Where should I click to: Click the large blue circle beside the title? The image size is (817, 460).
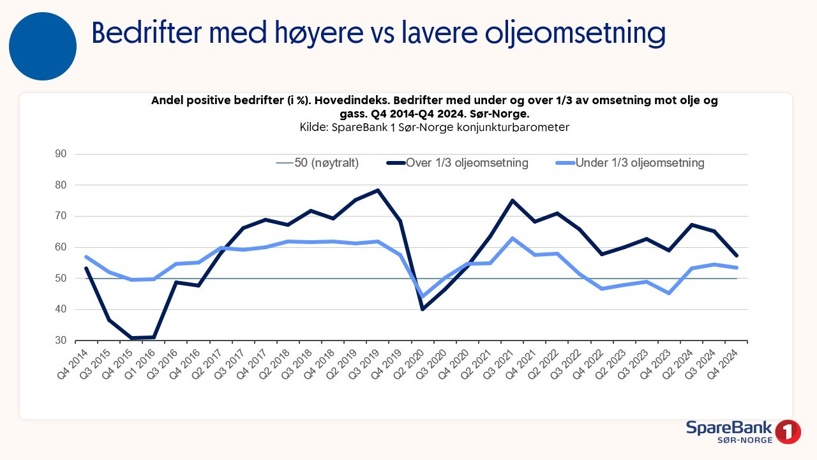pyautogui.click(x=43, y=47)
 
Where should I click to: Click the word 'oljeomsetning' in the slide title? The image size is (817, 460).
pyautogui.click(x=575, y=33)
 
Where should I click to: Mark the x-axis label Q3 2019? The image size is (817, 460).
pyautogui.click(x=366, y=360)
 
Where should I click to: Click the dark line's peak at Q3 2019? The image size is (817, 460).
pyautogui.click(x=378, y=190)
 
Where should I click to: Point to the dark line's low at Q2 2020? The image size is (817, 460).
pyautogui.click(x=422, y=309)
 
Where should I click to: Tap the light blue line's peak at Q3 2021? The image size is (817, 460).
pyautogui.click(x=512, y=238)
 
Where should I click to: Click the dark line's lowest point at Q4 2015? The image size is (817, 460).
pyautogui.click(x=131, y=338)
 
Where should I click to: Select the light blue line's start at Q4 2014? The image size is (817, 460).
pyautogui.click(x=86, y=257)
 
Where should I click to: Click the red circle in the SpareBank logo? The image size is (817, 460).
pyautogui.click(x=789, y=431)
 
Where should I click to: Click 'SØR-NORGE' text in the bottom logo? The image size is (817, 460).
pyautogui.click(x=745, y=441)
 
